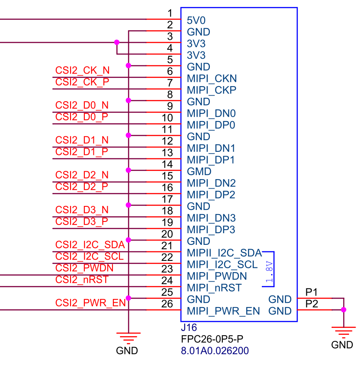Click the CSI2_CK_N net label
point(82,70)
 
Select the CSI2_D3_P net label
point(82,221)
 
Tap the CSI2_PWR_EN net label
point(90,303)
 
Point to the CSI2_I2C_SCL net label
point(89,257)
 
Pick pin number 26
point(167,304)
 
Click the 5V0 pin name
point(196,20)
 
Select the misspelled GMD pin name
point(199,172)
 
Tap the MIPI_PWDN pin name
point(217,276)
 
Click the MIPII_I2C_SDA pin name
point(224,253)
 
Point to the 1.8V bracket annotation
point(270,273)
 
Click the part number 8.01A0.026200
point(215,350)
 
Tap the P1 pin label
point(312,292)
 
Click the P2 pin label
point(312,304)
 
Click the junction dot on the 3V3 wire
point(116,42)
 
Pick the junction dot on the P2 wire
point(344,310)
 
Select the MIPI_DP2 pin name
point(211,195)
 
